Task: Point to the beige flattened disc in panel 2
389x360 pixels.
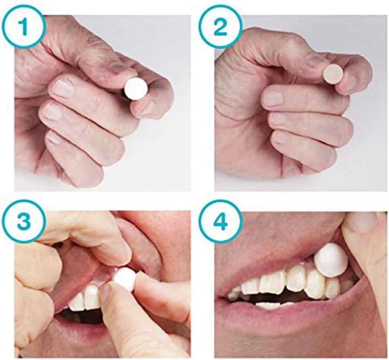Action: click(333, 74)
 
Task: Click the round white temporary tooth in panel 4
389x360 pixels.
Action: click(331, 260)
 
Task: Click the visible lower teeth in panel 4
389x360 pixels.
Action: click(270, 305)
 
